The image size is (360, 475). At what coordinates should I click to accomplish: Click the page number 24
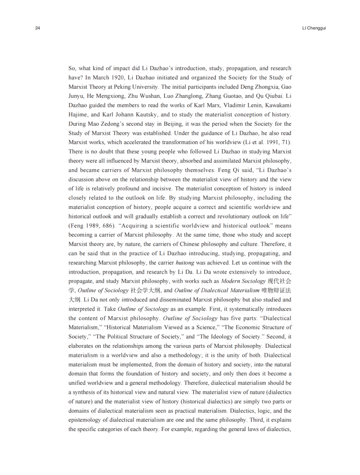37,28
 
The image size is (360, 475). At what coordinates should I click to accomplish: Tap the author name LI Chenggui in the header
314,28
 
